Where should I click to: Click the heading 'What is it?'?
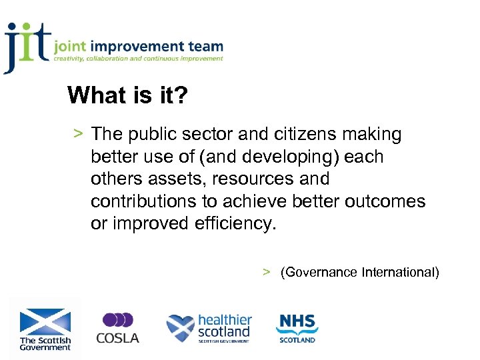tap(127, 95)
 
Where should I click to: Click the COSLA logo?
tap(117, 329)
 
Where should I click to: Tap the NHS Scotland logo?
tap(297, 328)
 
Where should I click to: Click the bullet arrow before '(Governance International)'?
tap(266, 272)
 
